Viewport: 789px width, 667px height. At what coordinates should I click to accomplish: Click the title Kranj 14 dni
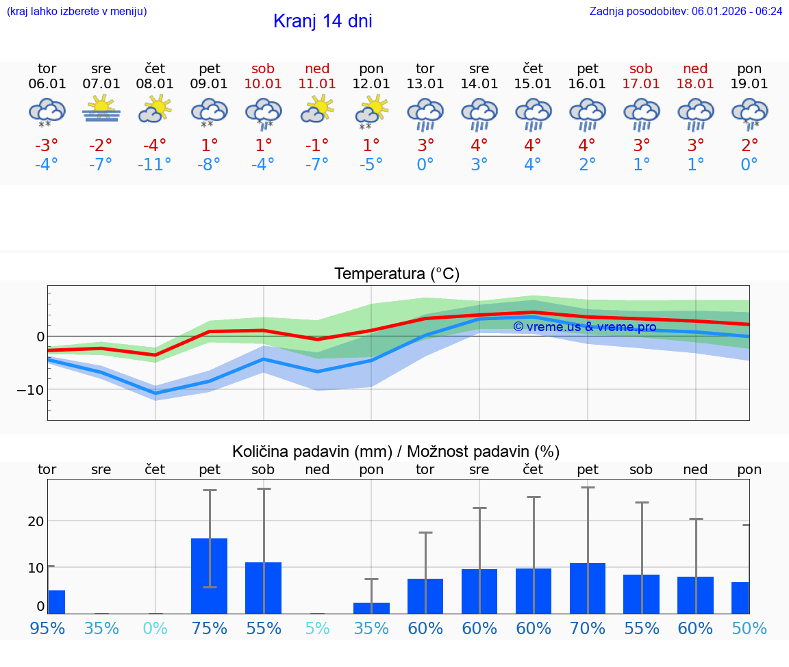tap(323, 21)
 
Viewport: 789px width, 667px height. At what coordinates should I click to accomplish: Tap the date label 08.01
tap(155, 83)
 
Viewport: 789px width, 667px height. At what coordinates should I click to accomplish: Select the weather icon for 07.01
tap(101, 109)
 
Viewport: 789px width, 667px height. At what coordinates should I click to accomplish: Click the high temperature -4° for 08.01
tap(155, 146)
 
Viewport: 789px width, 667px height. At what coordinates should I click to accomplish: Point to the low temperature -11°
tap(155, 165)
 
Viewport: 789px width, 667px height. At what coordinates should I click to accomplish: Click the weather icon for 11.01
tap(318, 109)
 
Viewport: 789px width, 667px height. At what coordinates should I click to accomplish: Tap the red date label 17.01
tap(641, 83)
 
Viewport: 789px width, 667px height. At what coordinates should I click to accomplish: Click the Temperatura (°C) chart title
tap(397, 274)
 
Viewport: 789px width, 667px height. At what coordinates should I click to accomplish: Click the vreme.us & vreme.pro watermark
tap(585, 327)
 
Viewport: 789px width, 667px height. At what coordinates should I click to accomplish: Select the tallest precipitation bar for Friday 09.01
tap(209, 575)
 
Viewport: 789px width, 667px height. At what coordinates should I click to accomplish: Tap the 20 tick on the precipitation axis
tap(36, 521)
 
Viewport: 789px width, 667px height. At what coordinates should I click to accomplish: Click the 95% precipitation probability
tap(47, 628)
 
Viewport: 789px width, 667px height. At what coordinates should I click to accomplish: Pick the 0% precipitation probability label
tap(155, 628)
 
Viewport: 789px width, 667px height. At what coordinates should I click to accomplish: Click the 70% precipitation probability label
tap(588, 628)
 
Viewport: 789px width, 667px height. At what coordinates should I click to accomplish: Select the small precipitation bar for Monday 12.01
tap(371, 607)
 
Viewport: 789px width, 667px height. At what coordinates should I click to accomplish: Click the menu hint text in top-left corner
tap(77, 11)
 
